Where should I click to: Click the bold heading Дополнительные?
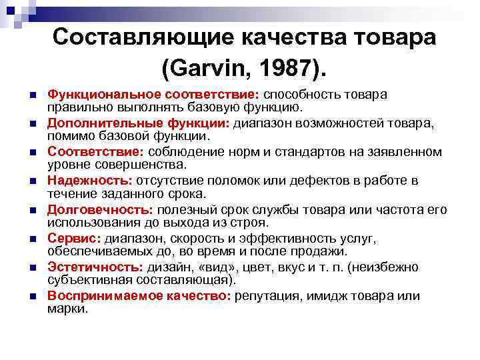[x=93, y=124]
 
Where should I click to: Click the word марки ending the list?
[x=67, y=309]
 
